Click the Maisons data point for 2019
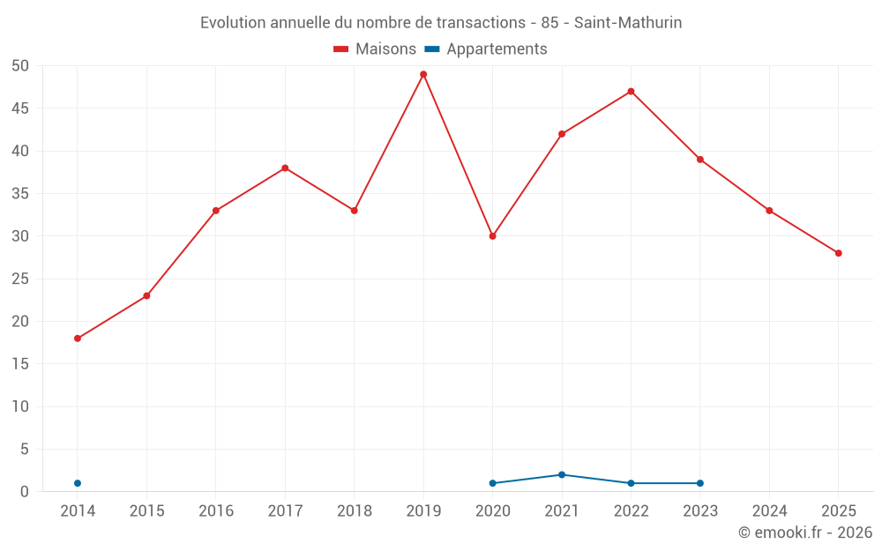(423, 74)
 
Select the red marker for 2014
(78, 339)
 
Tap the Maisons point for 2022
(632, 91)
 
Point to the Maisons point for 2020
(493, 236)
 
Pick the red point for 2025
(839, 253)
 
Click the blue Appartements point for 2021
(562, 474)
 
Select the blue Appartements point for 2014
(78, 483)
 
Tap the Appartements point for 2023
(700, 483)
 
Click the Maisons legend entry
(375, 48)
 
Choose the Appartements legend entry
(485, 48)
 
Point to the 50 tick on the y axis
(19, 66)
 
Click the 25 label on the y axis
(19, 279)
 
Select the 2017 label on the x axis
(285, 511)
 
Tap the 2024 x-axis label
(769, 511)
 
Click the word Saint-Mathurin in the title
(628, 23)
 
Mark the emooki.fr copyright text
(805, 532)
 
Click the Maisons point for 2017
(285, 168)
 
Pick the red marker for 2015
(146, 295)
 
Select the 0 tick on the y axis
(24, 492)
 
